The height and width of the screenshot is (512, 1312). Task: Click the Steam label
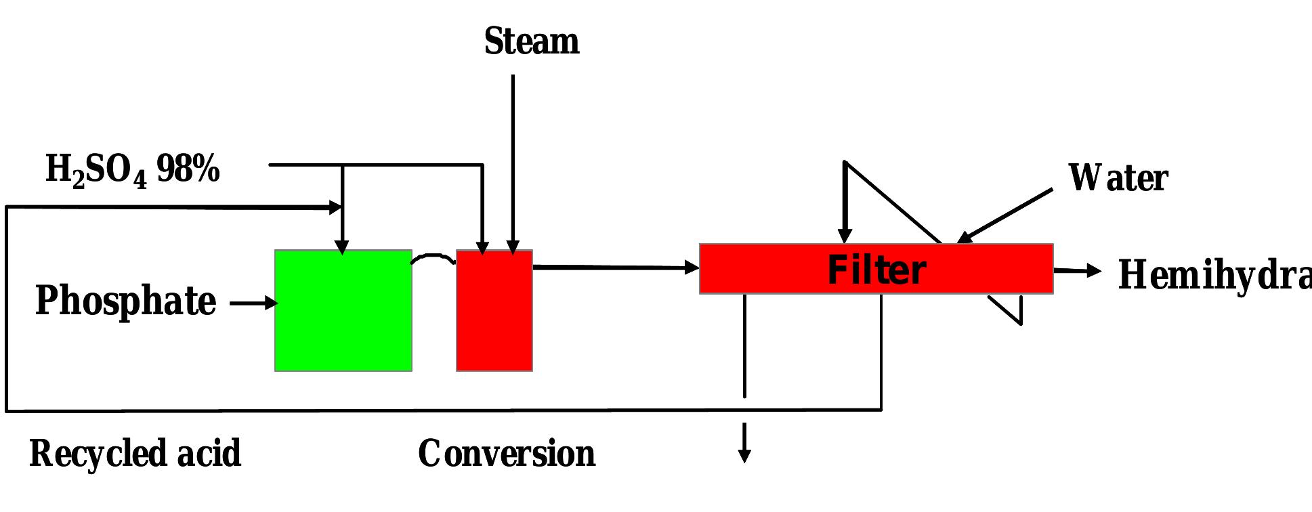coord(532,42)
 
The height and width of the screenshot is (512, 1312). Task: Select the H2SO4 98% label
coord(132,169)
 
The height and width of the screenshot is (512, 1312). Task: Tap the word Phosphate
coord(125,301)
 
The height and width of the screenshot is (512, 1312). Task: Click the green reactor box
coord(343,311)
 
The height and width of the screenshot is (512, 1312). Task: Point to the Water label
coord(1118,178)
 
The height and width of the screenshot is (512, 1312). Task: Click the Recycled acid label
coord(135,453)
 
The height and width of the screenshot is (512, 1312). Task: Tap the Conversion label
coord(507,453)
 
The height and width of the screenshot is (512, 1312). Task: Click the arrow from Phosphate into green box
coord(254,303)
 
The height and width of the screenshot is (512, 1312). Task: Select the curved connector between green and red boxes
coord(434,257)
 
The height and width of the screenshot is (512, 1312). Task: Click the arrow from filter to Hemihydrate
coord(1077,271)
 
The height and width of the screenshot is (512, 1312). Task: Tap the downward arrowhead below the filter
coord(744,455)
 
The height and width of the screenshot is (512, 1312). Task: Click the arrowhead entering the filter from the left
coord(692,268)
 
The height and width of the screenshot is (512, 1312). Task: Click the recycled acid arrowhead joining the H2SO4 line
coord(335,207)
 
